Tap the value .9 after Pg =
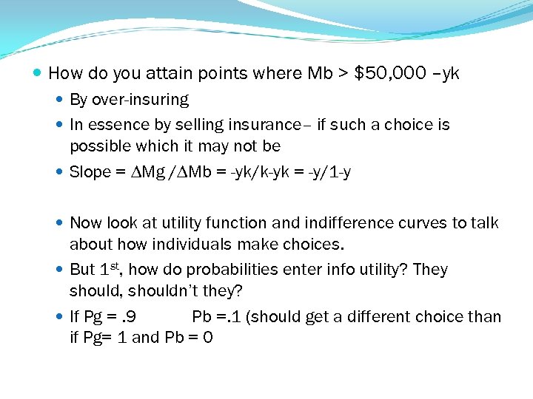(x=128, y=317)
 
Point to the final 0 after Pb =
(x=207, y=338)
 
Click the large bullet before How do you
(x=38, y=74)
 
